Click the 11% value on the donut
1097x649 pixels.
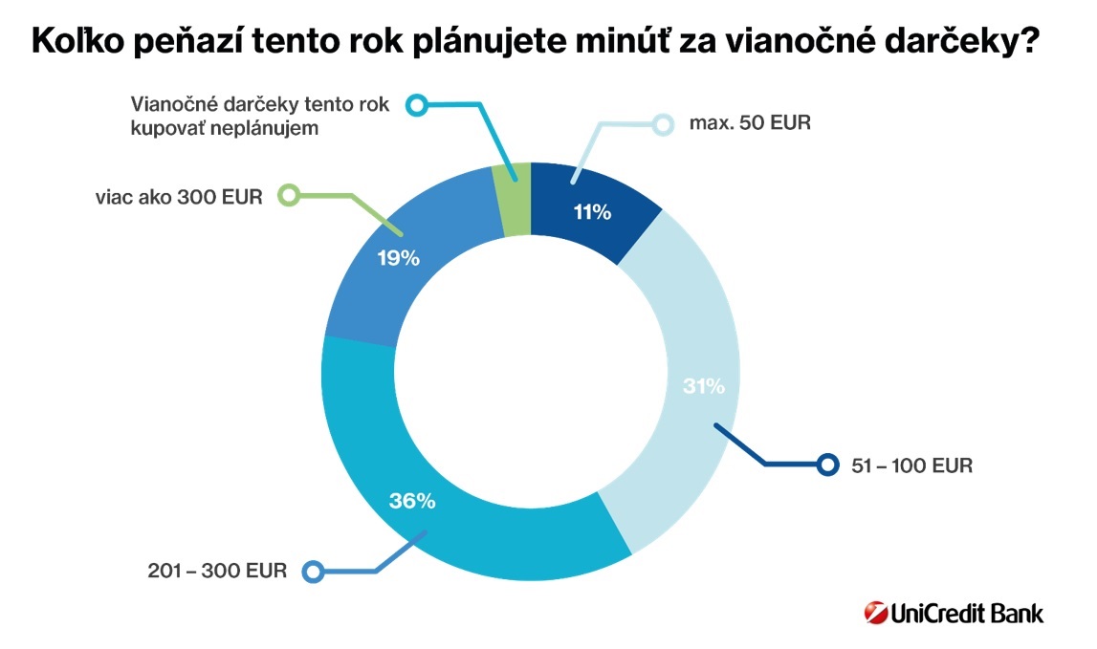pos(592,212)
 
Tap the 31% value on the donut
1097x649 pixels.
pos(705,386)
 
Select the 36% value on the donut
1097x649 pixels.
pos(412,500)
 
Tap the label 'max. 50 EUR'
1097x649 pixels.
pos(750,124)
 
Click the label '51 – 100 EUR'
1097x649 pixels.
pos(911,466)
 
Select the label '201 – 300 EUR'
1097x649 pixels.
pos(217,572)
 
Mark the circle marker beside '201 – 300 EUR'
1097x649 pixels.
pos(312,572)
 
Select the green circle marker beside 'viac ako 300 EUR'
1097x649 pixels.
pos(288,195)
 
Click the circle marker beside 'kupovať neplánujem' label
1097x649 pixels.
pos(416,105)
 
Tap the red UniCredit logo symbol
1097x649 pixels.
pos(874,613)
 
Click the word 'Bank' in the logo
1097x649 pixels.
pos(1015,613)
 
